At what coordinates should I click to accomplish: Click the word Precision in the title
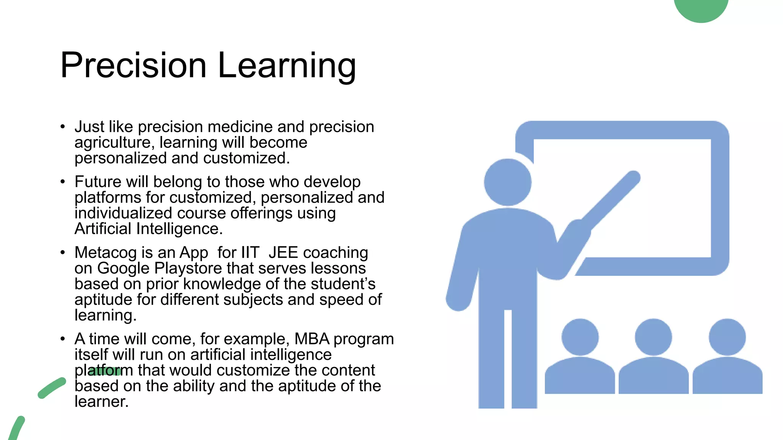coord(133,66)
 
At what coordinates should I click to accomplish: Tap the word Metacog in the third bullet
coord(106,253)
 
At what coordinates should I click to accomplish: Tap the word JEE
coord(283,253)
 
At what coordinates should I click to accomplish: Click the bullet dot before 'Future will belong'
coord(63,182)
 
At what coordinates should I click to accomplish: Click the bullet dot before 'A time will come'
coord(63,339)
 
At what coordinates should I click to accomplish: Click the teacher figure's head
coord(508,183)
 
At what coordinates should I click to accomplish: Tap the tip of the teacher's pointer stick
coord(634,177)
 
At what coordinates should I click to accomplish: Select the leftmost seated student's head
coord(580,337)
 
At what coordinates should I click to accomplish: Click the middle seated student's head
coord(653,337)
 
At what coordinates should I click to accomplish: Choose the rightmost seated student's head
coord(727,337)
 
